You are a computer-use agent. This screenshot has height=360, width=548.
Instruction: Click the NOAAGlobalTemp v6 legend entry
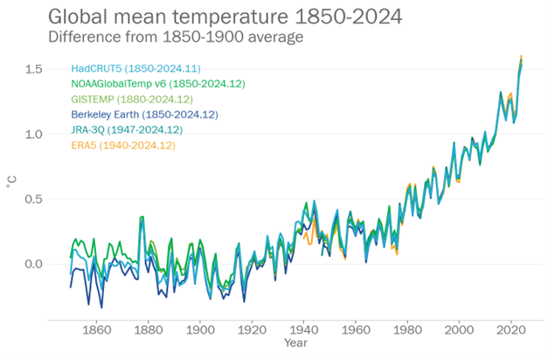coord(157,84)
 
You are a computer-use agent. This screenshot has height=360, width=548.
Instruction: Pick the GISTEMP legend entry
coord(137,99)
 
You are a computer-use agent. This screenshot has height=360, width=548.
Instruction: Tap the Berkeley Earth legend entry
coord(144,114)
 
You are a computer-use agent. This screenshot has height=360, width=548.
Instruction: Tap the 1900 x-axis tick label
coord(200,329)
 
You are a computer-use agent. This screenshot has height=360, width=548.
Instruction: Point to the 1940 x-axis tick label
coord(304,329)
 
